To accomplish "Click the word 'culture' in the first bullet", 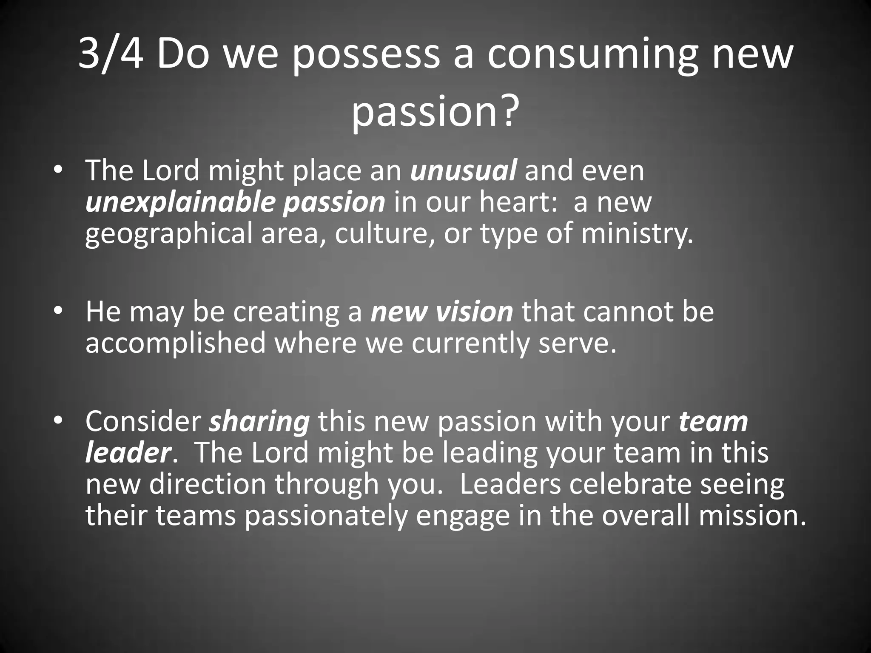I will click(384, 234).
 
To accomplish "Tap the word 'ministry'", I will click(637, 234).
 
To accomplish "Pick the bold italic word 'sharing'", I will click(259, 422).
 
